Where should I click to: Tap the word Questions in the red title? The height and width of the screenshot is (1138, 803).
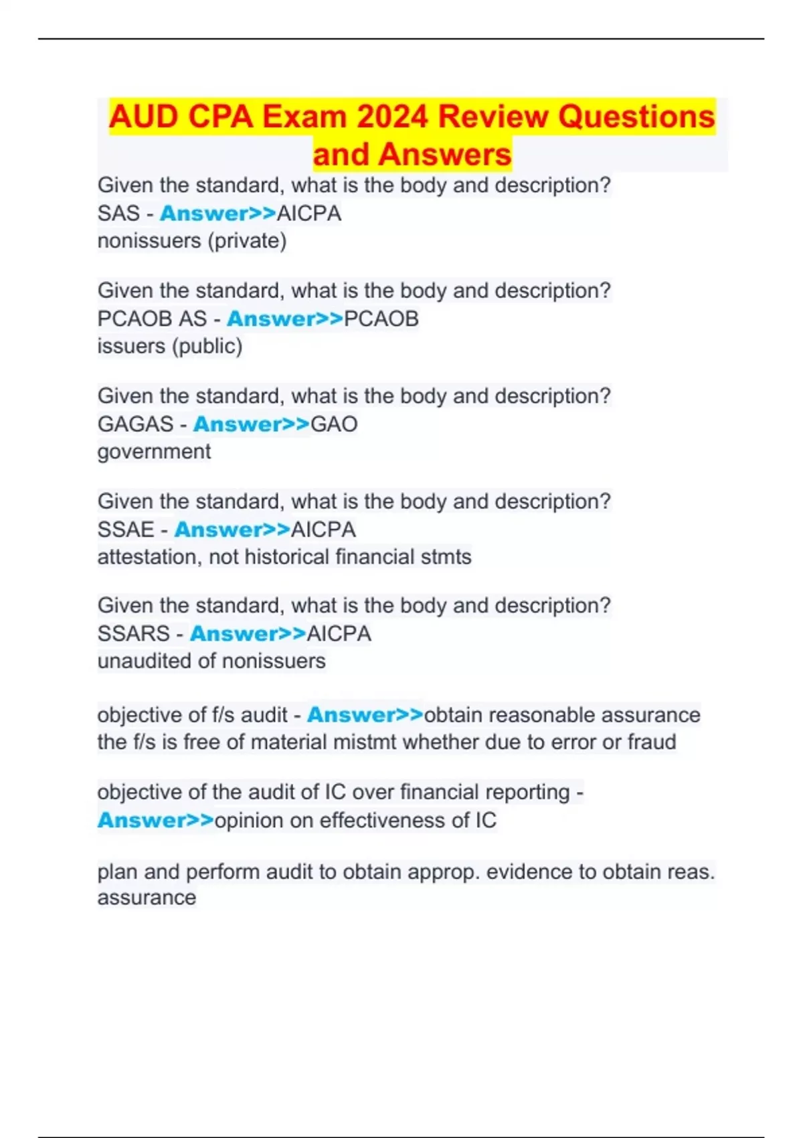636,117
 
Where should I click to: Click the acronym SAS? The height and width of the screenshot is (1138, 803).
118,214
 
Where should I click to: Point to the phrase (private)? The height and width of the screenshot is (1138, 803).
247,241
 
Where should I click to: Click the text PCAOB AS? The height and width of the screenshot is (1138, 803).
152,319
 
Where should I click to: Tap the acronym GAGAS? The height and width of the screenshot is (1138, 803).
135,424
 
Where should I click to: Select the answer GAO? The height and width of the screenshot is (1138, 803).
334,424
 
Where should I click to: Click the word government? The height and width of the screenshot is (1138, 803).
154,452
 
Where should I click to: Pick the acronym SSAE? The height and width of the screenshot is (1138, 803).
126,530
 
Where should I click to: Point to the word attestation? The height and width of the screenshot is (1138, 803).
149,557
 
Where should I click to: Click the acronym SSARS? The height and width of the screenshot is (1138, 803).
133,633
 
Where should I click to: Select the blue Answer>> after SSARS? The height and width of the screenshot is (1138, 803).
248,633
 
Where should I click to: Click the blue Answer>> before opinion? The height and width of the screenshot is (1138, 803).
155,821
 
